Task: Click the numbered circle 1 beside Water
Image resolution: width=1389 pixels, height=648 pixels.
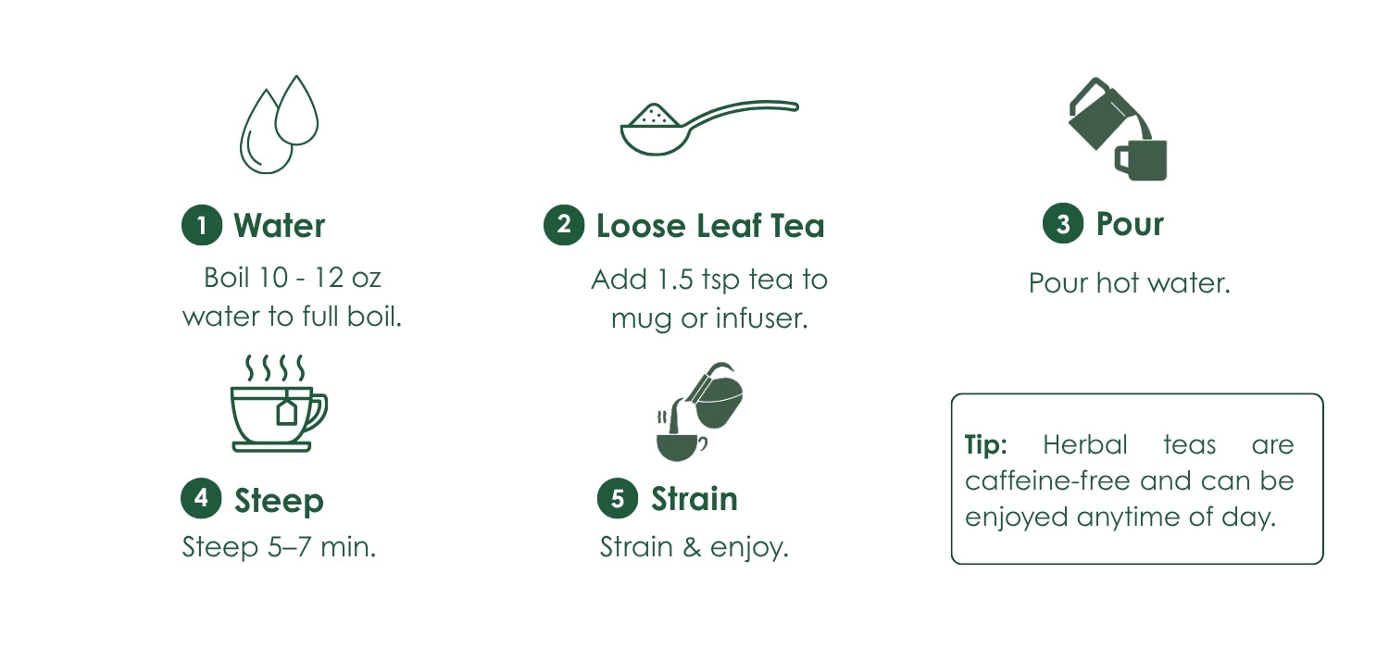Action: [202, 225]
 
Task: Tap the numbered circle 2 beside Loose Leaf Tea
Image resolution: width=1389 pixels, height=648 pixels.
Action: [564, 224]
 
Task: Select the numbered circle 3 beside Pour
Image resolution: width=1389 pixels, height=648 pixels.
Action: [1063, 223]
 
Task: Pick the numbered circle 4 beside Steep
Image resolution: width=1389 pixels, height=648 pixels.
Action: [201, 498]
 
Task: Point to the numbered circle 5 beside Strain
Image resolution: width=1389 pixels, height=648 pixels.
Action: [618, 498]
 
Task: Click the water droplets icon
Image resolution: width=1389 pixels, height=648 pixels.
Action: [279, 125]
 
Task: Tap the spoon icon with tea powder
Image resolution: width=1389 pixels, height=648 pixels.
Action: [709, 127]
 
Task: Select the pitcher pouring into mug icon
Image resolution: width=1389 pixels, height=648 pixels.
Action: [1118, 129]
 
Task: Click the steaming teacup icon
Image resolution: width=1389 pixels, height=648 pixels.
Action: [279, 403]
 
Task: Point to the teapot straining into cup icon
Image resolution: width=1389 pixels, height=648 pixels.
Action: [699, 412]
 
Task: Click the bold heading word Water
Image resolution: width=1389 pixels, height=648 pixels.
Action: [279, 225]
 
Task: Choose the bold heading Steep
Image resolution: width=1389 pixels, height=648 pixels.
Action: [279, 501]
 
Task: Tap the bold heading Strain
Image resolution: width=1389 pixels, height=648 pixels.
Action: [694, 499]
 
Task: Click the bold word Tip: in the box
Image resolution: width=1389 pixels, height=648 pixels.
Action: [985, 444]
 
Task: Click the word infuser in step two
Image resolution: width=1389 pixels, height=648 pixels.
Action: [761, 318]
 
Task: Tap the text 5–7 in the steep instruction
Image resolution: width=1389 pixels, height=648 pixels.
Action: [289, 547]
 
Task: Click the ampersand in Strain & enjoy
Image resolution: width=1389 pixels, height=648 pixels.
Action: [692, 547]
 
